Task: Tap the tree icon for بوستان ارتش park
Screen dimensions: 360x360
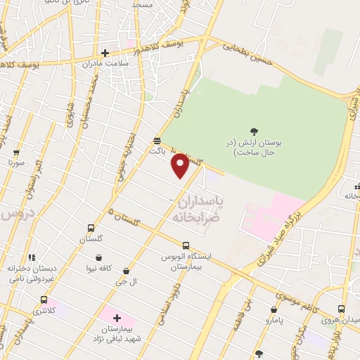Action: point(254,131)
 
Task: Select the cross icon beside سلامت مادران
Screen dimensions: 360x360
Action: point(105,53)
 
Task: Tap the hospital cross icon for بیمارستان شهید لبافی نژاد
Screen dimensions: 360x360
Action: point(117,319)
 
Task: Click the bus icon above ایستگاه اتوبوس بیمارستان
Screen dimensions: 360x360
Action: point(186,245)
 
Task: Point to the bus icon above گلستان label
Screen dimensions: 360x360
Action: point(91,228)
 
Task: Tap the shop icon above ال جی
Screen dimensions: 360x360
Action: point(126,271)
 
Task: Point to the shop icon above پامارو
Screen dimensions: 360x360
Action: point(274,309)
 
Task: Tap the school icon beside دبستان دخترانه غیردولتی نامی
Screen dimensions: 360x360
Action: point(31,258)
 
